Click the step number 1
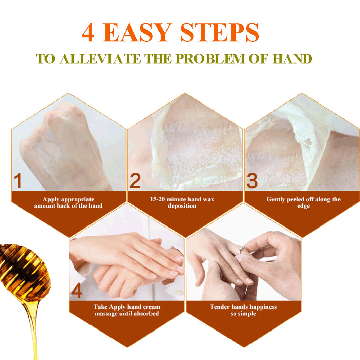18,181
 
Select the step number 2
135,181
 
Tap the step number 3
252,181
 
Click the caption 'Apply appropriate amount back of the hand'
68,202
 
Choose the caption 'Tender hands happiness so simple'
243,310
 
